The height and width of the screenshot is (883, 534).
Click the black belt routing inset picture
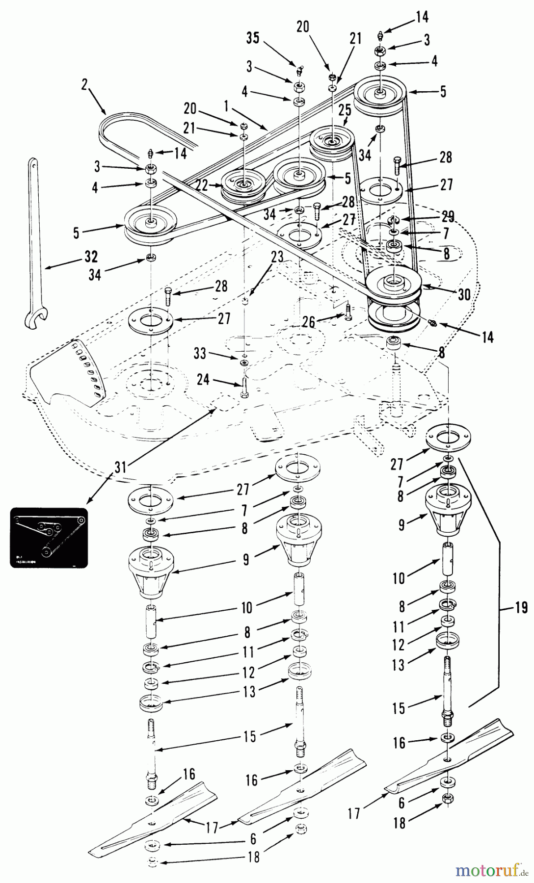pos(49,538)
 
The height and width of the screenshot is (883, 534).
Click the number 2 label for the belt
pos(84,84)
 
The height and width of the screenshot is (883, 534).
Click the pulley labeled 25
pos(332,142)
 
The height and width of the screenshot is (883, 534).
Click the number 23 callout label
pos(277,257)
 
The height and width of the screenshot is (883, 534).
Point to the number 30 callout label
pos(464,294)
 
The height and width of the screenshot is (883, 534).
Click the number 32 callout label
pos(91,257)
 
